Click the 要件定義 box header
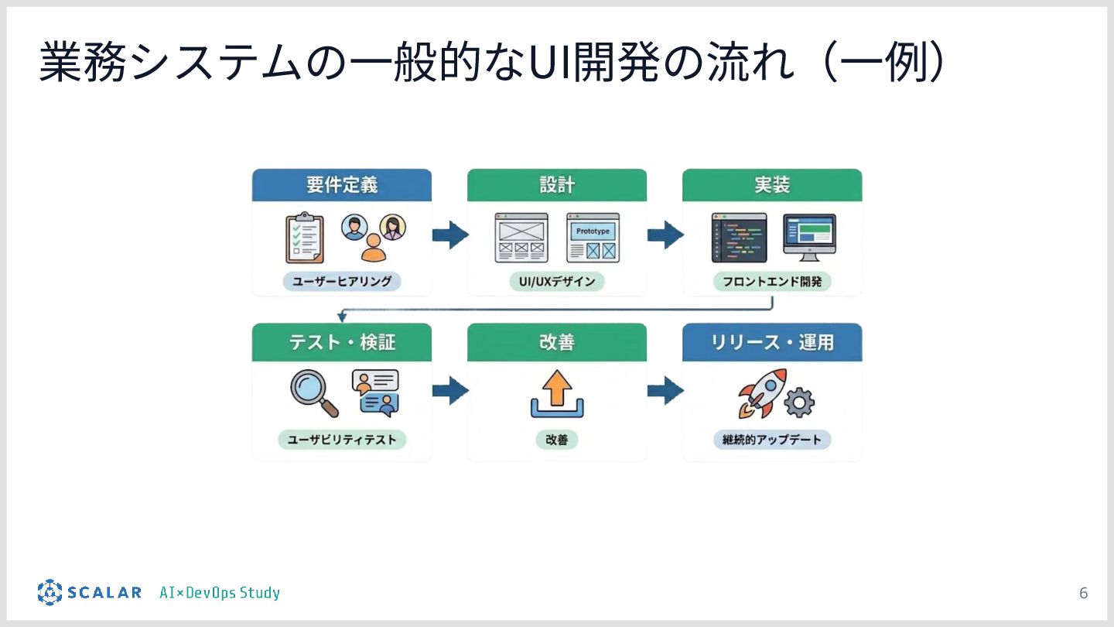click(x=341, y=186)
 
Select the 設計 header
click(x=556, y=186)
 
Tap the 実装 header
click(x=771, y=186)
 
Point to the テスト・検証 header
click(x=341, y=341)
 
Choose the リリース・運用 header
click(x=771, y=341)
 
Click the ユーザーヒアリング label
click(x=342, y=282)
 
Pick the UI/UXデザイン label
click(x=556, y=282)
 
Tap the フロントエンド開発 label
click(x=772, y=282)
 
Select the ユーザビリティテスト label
click(x=342, y=440)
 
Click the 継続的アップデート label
click(x=772, y=440)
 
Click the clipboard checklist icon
click(x=303, y=238)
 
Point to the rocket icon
click(x=762, y=392)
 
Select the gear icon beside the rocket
click(x=799, y=403)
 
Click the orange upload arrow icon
click(x=556, y=394)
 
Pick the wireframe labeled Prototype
click(x=593, y=238)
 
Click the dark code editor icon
click(x=739, y=238)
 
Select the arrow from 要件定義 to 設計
click(x=450, y=235)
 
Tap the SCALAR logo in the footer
click(x=90, y=593)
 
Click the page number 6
click(x=1083, y=594)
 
